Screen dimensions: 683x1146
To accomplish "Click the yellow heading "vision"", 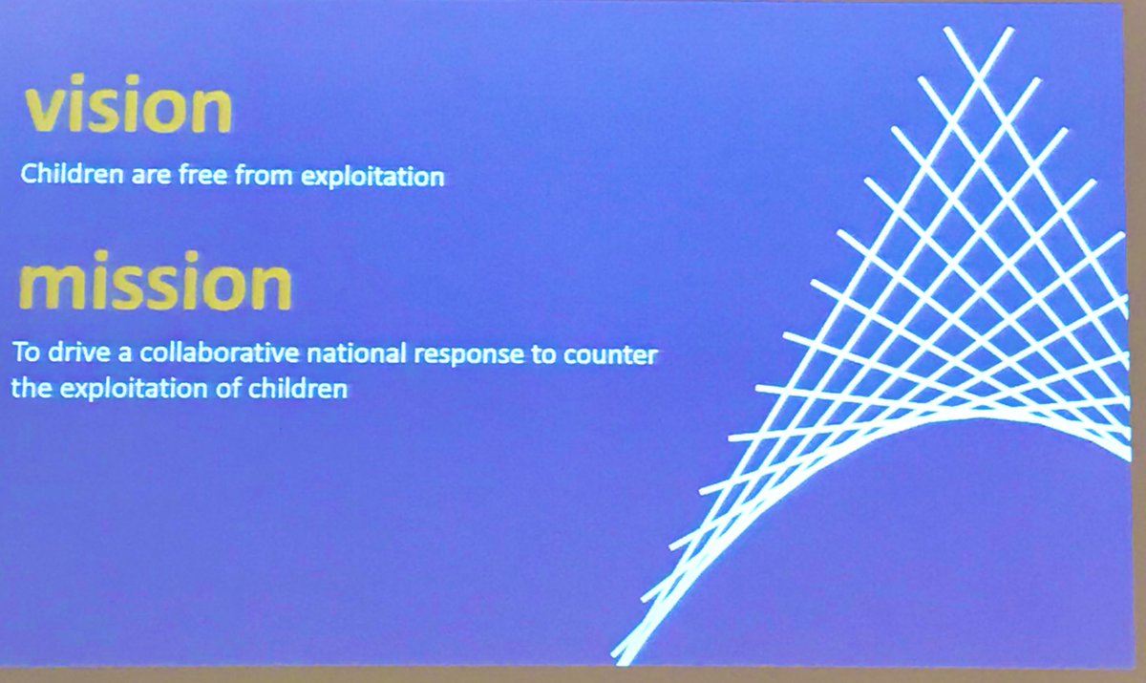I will (x=128, y=109).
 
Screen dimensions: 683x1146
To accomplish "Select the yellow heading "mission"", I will (x=154, y=284).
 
